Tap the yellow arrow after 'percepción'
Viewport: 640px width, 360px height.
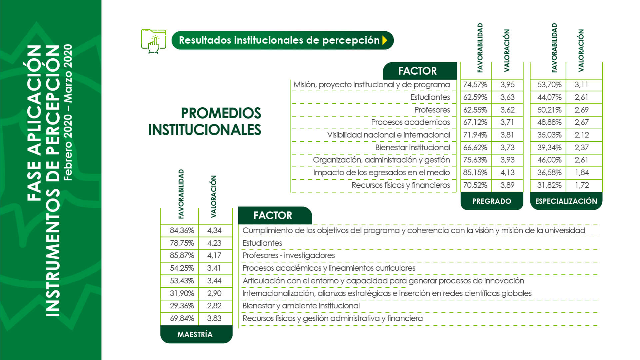tap(385, 40)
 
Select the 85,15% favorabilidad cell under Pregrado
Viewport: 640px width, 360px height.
tap(475, 173)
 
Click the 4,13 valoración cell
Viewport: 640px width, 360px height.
tap(507, 173)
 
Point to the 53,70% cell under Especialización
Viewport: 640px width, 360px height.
tap(549, 85)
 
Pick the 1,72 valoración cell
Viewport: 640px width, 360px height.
tap(582, 185)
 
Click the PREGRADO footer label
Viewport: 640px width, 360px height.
tap(492, 201)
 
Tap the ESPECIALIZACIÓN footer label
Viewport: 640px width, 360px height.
tap(566, 201)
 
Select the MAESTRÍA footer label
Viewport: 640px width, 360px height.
tap(195, 334)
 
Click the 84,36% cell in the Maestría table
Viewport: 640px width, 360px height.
tap(182, 230)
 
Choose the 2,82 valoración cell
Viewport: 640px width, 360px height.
tap(214, 306)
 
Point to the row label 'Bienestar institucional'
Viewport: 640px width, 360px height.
tap(412, 148)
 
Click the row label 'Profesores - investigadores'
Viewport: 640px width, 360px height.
tap(289, 255)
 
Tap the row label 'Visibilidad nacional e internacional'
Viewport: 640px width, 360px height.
tap(388, 135)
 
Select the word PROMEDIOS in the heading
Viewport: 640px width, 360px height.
tap(221, 113)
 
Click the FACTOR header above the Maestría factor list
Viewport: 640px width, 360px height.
tap(273, 215)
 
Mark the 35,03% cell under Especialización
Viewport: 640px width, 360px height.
tap(549, 135)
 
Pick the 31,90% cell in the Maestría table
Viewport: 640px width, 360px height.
tap(182, 293)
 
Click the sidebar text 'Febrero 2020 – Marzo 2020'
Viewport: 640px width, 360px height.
tap(68, 112)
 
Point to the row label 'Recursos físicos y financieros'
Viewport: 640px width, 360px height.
tap(401, 185)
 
